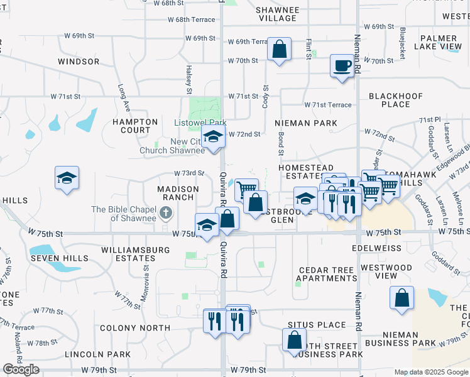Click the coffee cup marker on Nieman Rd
[x=342, y=65]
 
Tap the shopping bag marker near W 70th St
[x=279, y=48]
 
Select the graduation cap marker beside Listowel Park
[x=213, y=136]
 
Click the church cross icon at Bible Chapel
[x=166, y=213]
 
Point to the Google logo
[x=21, y=369]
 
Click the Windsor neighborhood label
[x=79, y=62]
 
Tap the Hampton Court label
[x=136, y=126]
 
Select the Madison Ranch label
[x=178, y=193]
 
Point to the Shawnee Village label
[x=277, y=14]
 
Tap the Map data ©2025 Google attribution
[x=431, y=372]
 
